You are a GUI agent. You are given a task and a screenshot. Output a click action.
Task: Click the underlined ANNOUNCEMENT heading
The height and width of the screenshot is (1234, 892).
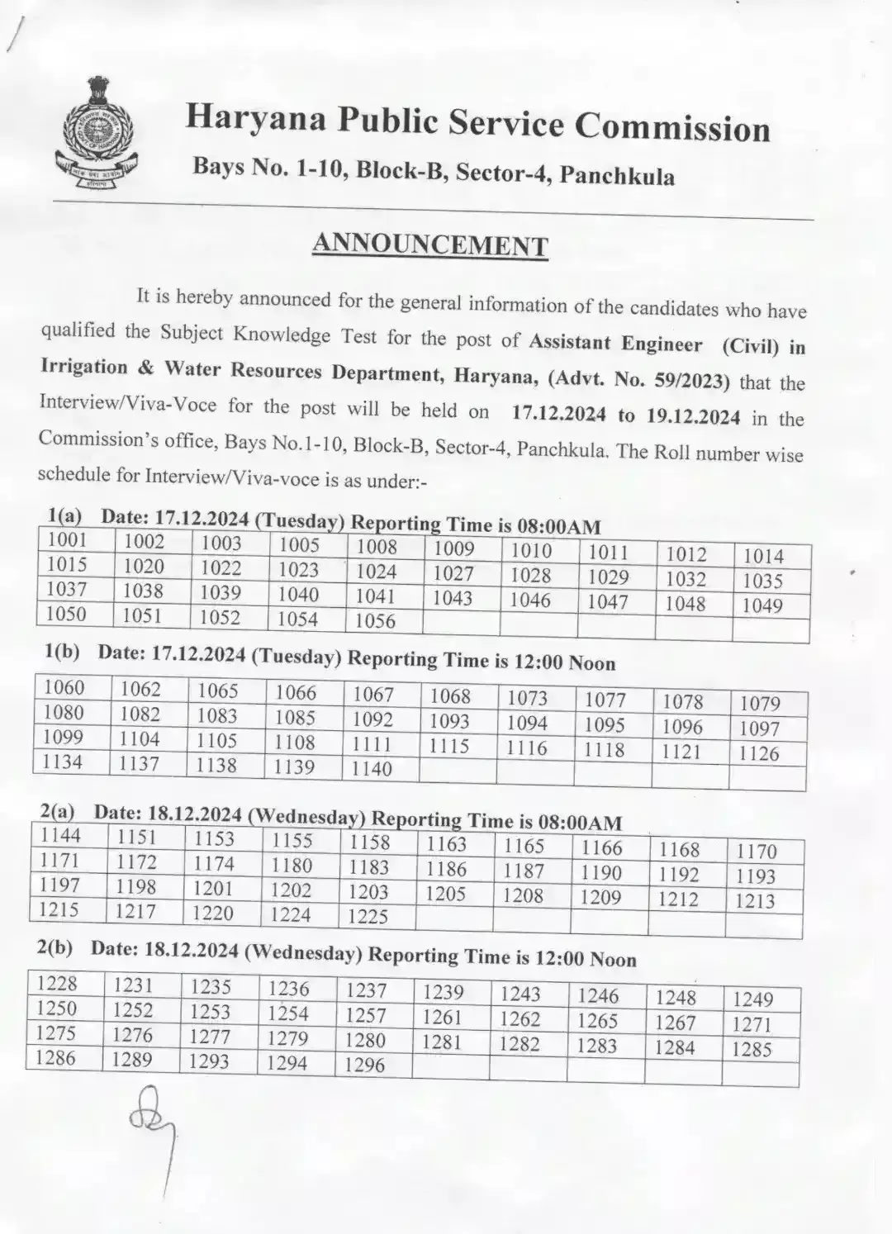(429, 244)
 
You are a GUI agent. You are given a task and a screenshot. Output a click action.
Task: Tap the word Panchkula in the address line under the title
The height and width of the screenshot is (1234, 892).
(616, 176)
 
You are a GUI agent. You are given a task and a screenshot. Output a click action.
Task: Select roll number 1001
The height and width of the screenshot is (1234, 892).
(67, 540)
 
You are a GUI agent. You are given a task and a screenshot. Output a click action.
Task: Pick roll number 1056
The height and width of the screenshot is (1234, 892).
(376, 620)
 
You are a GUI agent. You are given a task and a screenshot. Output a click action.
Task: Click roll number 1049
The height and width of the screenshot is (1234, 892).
(762, 605)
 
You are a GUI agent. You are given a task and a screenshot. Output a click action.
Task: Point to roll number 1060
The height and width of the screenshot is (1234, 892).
(64, 687)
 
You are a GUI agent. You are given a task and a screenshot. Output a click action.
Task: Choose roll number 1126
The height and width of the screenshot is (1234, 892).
(759, 753)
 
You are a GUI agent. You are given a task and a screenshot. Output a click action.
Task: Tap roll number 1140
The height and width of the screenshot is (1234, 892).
(372, 768)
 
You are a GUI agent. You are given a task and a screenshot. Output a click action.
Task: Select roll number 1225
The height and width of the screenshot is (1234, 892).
(368, 916)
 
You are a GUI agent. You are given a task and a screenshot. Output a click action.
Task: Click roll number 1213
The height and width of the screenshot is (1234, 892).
(755, 900)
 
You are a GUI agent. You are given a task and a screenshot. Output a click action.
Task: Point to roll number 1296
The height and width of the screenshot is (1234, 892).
(364, 1065)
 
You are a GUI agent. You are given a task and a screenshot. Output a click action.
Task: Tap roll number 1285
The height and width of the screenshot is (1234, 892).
(752, 1050)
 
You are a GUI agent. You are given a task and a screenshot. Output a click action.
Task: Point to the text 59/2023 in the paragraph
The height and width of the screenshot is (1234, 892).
(695, 381)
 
